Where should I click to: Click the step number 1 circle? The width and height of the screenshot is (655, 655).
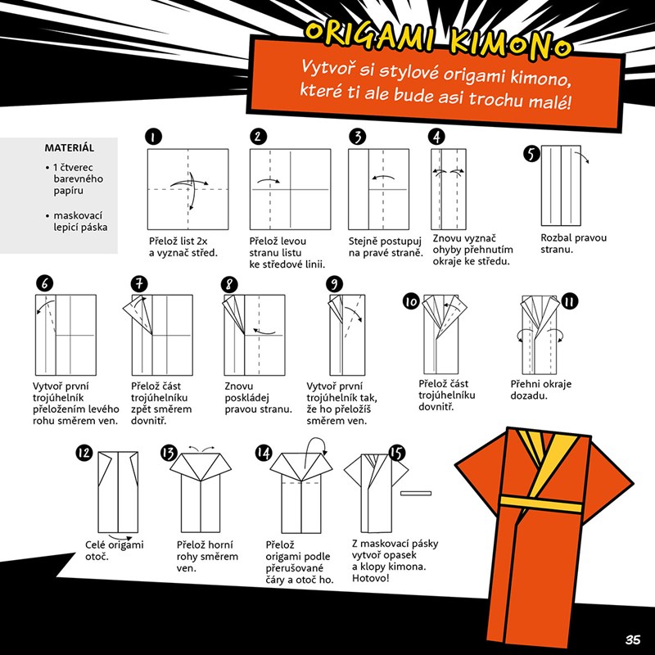(x=154, y=137)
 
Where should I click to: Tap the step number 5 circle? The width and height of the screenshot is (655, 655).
(x=531, y=153)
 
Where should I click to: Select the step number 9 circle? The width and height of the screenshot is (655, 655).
(x=334, y=284)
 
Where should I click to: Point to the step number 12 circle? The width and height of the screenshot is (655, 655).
(x=84, y=453)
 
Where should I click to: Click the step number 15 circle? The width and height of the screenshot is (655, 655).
(x=397, y=453)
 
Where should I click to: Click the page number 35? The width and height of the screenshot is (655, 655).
(x=633, y=639)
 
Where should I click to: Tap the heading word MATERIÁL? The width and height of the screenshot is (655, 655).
(x=70, y=148)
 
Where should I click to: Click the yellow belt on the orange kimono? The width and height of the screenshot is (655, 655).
(x=541, y=504)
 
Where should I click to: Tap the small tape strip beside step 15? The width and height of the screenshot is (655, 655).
(x=416, y=494)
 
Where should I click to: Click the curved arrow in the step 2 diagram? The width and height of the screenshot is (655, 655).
(x=269, y=180)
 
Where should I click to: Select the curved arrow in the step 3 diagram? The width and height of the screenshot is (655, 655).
(x=383, y=177)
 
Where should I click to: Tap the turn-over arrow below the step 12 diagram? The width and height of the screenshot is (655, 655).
(x=120, y=537)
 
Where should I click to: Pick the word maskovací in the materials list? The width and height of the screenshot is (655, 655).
(x=78, y=216)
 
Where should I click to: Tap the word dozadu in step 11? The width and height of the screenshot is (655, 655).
(x=527, y=396)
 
